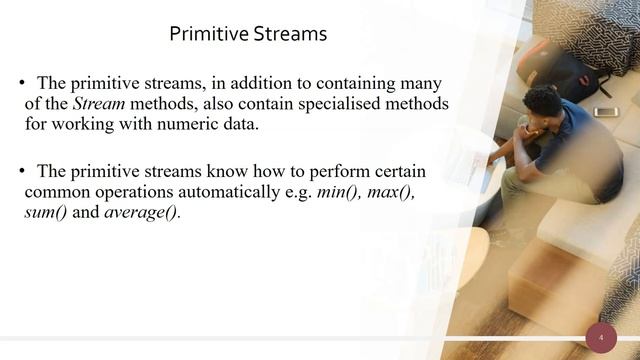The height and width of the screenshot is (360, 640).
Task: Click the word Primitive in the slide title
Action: click(x=205, y=35)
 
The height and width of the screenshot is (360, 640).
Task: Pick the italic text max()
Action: click(x=391, y=192)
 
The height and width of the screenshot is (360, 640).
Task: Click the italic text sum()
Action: click(x=45, y=213)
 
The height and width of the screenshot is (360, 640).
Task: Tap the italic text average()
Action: click(x=142, y=213)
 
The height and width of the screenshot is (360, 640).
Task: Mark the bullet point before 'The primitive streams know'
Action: click(x=20, y=171)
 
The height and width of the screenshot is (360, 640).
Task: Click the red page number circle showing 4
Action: click(x=601, y=338)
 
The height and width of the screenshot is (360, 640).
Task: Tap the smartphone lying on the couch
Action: click(x=606, y=111)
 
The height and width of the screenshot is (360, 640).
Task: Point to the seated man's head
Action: click(x=542, y=103)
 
